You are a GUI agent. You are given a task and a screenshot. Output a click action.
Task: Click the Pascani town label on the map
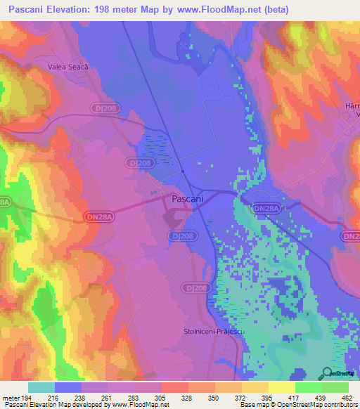[x=188, y=199]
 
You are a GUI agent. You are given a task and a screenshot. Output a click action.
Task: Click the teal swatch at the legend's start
[x=41, y=387]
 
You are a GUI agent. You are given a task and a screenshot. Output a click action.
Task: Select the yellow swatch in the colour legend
[x=282, y=387]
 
